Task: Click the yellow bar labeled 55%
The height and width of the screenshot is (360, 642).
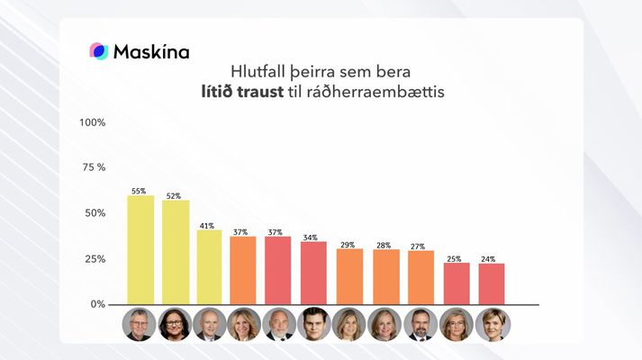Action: pyautogui.click(x=140, y=250)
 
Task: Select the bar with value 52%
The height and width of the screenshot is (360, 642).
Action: pyautogui.click(x=176, y=252)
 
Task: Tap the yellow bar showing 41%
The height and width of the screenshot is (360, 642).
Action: pyautogui.click(x=210, y=267)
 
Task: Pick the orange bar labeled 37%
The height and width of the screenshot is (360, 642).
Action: pyautogui.click(x=244, y=270)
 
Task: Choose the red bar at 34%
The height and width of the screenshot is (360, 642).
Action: pyautogui.click(x=313, y=273)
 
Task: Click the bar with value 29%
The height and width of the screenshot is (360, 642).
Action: pyautogui.click(x=349, y=276)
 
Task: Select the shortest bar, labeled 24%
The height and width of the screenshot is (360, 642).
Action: pyautogui.click(x=491, y=283)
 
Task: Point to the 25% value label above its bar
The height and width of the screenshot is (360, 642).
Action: pyautogui.click(x=454, y=259)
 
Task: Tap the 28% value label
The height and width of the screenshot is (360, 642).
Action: pyautogui.click(x=384, y=246)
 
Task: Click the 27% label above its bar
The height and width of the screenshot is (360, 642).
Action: pyautogui.click(x=419, y=247)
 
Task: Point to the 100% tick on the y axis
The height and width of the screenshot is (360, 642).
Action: pyautogui.click(x=94, y=121)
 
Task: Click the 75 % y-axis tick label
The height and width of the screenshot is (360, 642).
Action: pyautogui.click(x=94, y=167)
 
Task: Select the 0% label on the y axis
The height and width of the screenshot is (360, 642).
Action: pyautogui.click(x=97, y=304)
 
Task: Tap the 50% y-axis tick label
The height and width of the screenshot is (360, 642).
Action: pyautogui.click(x=95, y=213)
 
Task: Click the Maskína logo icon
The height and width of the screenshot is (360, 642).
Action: pyautogui.click(x=98, y=51)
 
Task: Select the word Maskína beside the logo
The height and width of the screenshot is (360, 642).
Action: pyautogui.click(x=151, y=52)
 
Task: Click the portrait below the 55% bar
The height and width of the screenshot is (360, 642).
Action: pyautogui.click(x=140, y=324)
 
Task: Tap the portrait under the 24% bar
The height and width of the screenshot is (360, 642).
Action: pyautogui.click(x=493, y=324)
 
